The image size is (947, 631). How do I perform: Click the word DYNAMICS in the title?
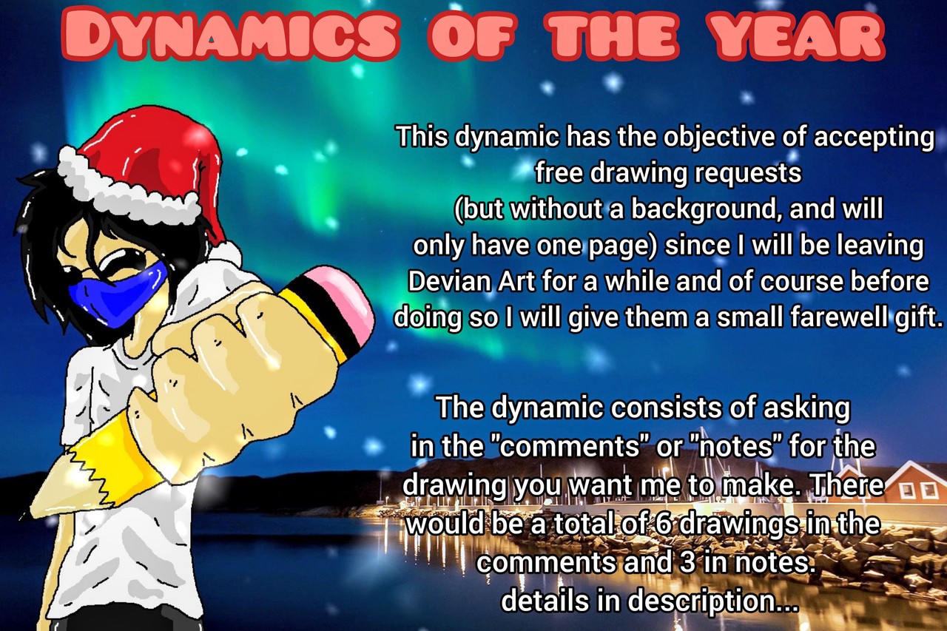click(230, 34)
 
